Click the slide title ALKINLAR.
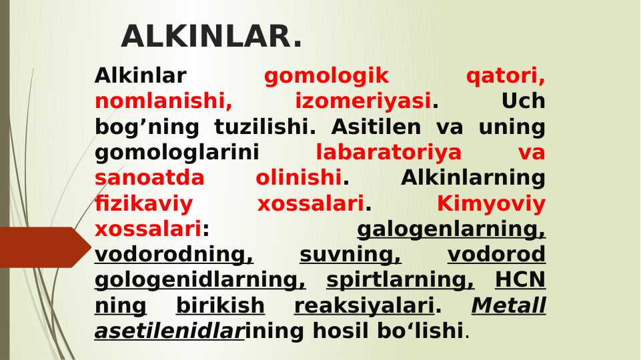pos(211,37)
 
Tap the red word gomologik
pos(326,76)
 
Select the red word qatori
pos(505,76)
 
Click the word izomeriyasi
pos(363,101)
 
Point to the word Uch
pos(523,101)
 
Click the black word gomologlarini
pos(177,153)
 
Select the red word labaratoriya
pos(388,153)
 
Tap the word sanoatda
pos(149,178)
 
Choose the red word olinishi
pos(298,178)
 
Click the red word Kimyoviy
pos(491,203)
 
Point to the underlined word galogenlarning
pos(451,229)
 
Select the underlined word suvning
pos(350,255)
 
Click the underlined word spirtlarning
pos(400,280)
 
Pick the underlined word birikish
pos(220,305)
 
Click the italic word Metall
pos(508,305)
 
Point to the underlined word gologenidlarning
pos(200,280)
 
